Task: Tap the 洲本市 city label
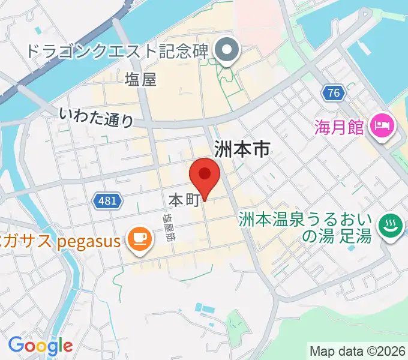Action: pos(242,149)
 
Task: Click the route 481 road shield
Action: pos(108,200)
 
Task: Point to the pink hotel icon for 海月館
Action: pos(382,127)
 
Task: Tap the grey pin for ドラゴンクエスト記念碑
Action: pos(227,50)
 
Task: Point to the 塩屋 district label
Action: pos(141,79)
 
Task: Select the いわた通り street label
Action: pos(97,116)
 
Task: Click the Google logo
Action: pos(40,346)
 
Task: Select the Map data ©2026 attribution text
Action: pos(357,350)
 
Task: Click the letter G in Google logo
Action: pos(16,345)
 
